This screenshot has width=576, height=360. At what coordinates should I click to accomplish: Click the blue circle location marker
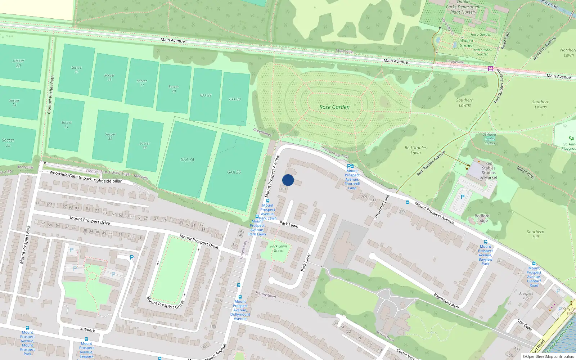[x=288, y=180]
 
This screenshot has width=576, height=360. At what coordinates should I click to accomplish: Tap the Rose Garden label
[x=334, y=107]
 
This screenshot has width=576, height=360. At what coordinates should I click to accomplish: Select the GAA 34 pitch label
[x=187, y=159]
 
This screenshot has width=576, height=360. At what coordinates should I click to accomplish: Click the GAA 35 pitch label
[x=234, y=172]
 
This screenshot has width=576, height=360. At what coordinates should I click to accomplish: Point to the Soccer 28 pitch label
[x=174, y=89]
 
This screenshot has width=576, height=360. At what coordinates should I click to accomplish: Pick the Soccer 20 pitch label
[x=18, y=63]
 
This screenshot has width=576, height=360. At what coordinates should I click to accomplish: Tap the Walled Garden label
[x=467, y=43]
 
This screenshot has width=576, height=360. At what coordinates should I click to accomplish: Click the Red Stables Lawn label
[x=415, y=150]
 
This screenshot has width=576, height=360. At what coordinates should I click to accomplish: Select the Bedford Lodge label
[x=482, y=218]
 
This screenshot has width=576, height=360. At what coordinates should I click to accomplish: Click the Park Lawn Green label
[x=278, y=248]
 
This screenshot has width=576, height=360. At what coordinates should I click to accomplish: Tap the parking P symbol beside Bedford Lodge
[x=463, y=197]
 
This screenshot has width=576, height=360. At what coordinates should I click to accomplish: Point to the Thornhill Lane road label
[x=382, y=207]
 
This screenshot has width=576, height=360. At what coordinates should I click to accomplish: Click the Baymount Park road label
[x=446, y=301]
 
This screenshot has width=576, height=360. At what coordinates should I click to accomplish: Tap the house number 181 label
[x=283, y=189]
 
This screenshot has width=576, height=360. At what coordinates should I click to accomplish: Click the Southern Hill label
[x=535, y=234]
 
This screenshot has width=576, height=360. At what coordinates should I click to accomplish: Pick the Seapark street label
[x=87, y=329]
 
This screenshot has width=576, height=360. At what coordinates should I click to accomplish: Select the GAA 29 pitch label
[x=206, y=95]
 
